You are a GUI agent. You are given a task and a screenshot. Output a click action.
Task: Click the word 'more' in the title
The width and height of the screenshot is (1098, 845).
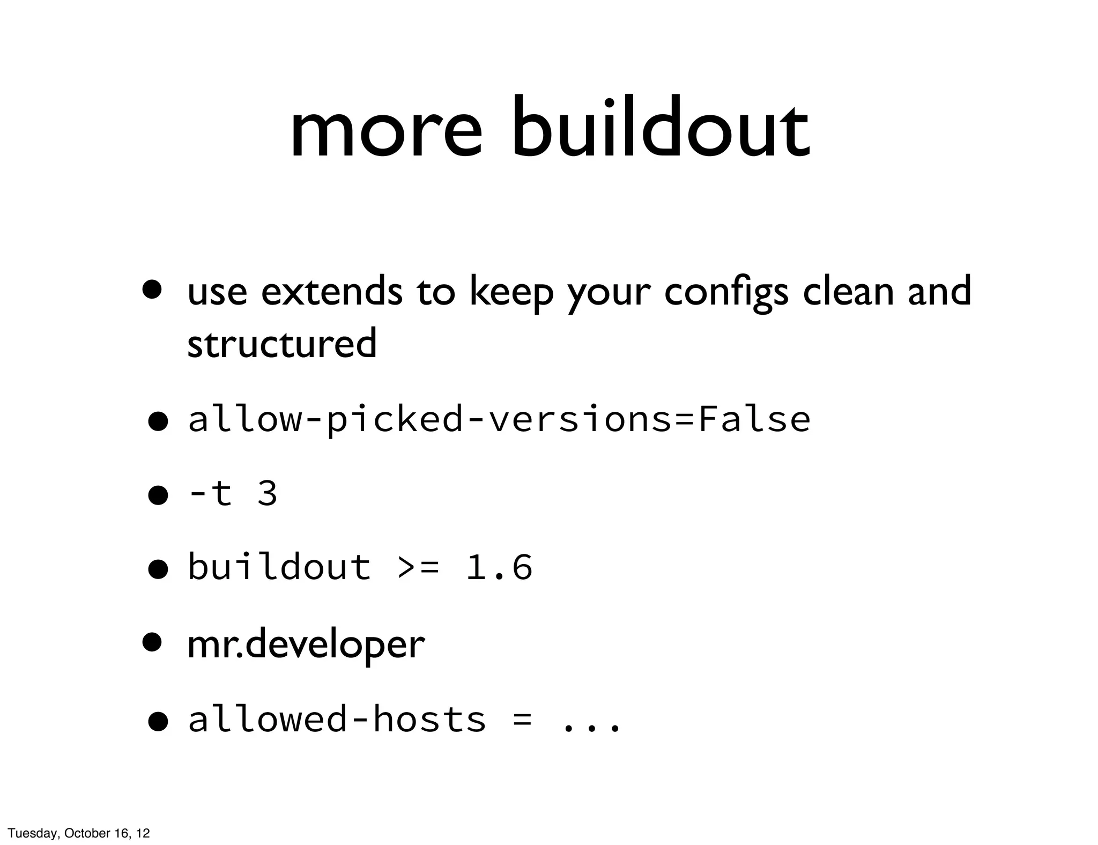[x=385, y=132]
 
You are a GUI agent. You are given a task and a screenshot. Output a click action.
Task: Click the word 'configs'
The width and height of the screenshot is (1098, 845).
[x=726, y=293]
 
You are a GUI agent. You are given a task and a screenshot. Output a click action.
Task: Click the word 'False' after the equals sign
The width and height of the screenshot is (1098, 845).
[x=754, y=419]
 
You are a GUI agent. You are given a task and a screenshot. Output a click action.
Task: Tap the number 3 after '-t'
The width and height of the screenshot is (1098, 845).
[x=267, y=493]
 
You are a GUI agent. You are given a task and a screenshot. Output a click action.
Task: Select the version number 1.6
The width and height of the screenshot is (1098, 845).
[x=499, y=567]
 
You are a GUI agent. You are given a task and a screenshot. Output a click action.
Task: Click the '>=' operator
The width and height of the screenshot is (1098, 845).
[x=419, y=567]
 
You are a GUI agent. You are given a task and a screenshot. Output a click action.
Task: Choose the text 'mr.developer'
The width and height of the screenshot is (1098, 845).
[x=306, y=644]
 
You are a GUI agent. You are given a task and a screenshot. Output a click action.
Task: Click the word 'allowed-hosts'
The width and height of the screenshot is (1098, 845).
[x=337, y=719]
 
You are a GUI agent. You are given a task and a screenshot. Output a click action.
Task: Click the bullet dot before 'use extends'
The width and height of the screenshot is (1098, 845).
[x=152, y=290]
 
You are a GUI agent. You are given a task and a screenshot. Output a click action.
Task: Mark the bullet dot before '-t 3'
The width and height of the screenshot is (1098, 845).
[x=158, y=495]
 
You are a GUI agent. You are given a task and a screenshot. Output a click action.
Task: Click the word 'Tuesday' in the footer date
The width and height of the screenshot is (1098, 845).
[x=33, y=833]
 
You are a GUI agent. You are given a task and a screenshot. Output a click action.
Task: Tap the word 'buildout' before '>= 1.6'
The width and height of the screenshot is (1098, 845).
[x=279, y=567]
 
